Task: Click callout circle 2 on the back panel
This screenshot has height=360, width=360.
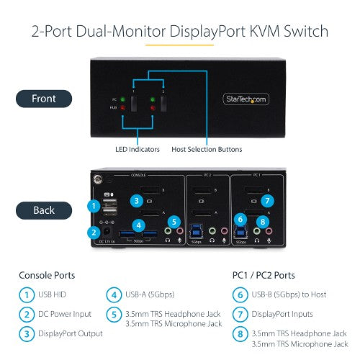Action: (x=92, y=232)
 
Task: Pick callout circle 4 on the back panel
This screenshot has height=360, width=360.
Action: (x=138, y=225)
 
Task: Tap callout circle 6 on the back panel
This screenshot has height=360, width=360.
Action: (x=240, y=221)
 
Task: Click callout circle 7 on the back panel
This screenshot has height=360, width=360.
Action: (x=267, y=200)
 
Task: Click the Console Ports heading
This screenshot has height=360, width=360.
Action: (x=48, y=275)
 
